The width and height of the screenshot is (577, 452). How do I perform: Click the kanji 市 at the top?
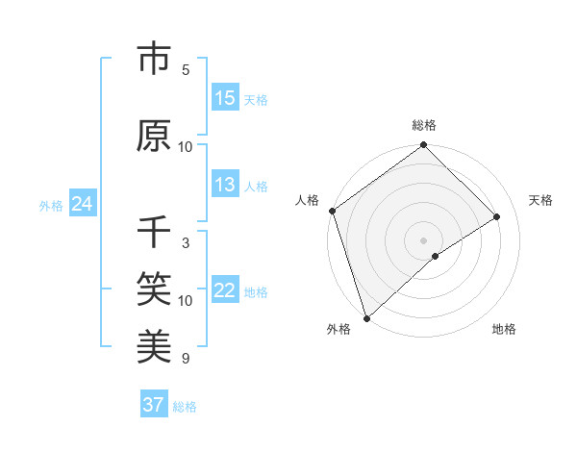[154, 60]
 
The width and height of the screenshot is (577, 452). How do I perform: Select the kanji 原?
[154, 136]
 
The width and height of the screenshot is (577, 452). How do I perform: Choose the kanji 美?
[154, 343]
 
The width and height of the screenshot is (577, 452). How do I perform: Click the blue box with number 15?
[224, 98]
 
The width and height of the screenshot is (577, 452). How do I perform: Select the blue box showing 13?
[224, 185]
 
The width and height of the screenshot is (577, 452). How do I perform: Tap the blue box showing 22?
[224, 291]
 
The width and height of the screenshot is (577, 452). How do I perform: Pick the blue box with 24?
[82, 204]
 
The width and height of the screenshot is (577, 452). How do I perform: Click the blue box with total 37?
[154, 405]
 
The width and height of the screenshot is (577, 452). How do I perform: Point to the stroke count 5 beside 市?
[186, 70]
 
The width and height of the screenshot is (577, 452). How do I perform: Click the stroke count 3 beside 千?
[186, 243]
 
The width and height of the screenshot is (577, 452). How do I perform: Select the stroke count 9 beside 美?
[186, 359]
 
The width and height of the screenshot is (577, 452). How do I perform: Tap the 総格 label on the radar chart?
[424, 125]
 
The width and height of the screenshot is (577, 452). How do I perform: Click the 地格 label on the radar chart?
[504, 330]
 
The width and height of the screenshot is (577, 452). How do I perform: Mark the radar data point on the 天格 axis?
[497, 216]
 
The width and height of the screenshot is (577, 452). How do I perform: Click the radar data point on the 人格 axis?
[332, 211]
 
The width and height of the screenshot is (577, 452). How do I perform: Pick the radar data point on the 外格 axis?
[366, 317]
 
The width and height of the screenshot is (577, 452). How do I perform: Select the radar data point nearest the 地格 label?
[436, 256]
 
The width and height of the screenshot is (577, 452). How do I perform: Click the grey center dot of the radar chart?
[423, 239]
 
